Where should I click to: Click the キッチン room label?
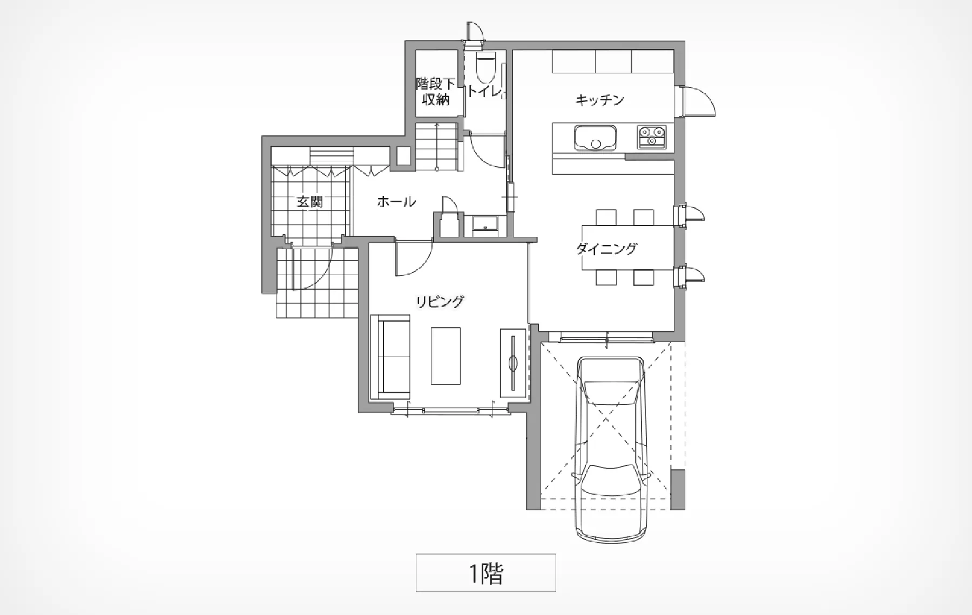pos(600,100)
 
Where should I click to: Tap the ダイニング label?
pos(606,249)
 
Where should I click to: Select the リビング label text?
pos(440,302)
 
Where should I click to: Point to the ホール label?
pos(396,202)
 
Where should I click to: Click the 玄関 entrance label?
pos(310,202)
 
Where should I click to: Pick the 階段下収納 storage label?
pos(436,92)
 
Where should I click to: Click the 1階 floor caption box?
pos(485,572)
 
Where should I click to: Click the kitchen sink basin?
pos(595,138)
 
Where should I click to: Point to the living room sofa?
pos(390,357)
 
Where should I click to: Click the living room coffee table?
pos(446,356)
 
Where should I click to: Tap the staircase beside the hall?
pos(436,147)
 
